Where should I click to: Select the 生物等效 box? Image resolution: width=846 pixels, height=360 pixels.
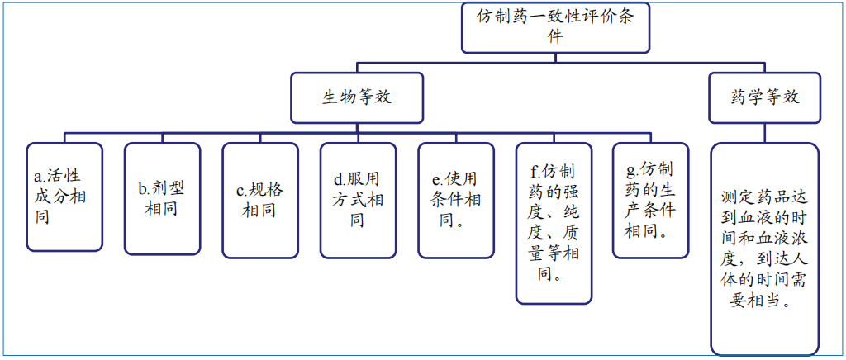coord(356,97)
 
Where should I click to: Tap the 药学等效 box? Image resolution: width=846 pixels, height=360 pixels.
coord(765,97)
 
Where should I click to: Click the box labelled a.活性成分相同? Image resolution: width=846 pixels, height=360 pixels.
coord(64,197)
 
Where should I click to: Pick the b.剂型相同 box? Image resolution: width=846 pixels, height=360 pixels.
coord(162,198)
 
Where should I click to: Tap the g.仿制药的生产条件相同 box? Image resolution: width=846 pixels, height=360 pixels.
coord(651,200)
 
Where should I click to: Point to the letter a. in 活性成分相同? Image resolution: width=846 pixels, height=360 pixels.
coord(39,176)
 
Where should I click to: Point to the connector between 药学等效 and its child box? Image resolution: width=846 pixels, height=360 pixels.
coord(765,132)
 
